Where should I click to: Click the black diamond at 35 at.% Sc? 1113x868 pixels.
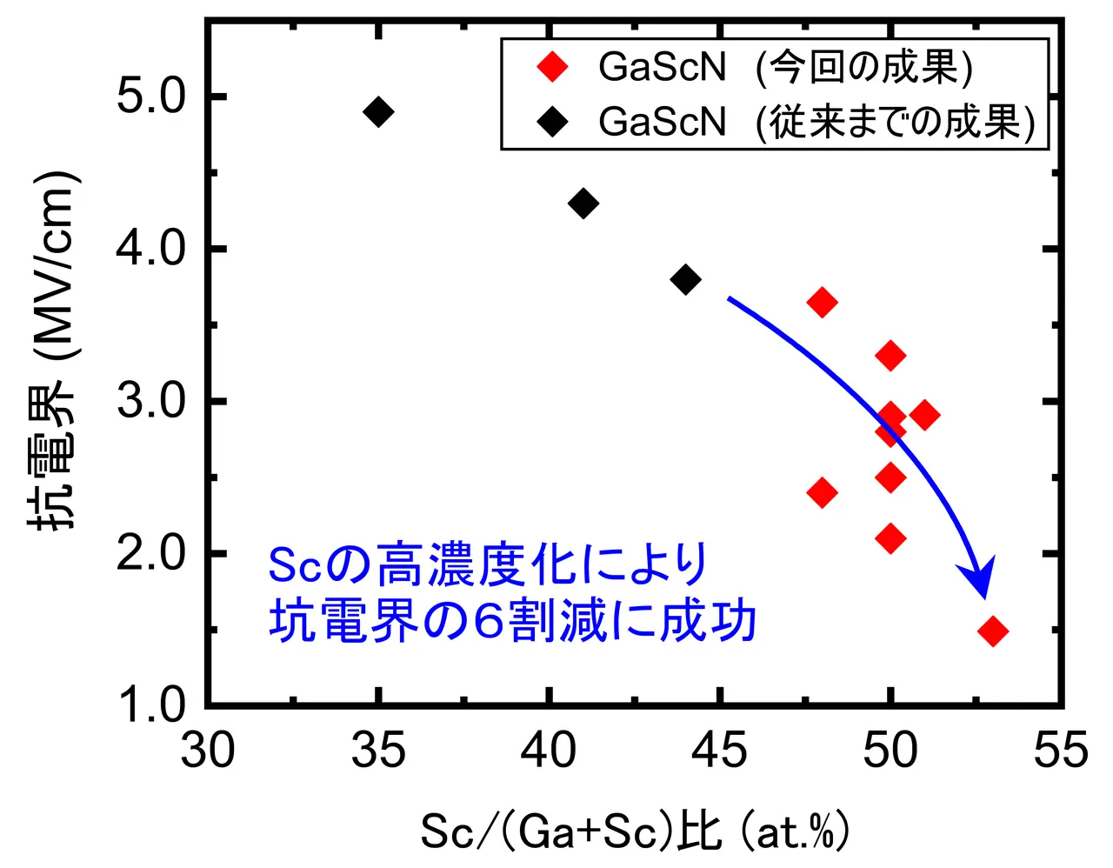(x=378, y=111)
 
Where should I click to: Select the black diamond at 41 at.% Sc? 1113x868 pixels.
(x=583, y=204)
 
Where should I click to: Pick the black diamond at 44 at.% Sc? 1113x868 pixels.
(x=686, y=280)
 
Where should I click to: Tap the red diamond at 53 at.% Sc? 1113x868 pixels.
(x=993, y=631)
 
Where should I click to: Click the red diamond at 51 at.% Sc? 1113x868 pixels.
(x=925, y=415)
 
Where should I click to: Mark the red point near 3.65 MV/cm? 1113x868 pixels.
(x=822, y=303)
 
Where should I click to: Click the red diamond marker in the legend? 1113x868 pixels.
(x=552, y=67)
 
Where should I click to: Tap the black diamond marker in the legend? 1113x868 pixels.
(x=552, y=122)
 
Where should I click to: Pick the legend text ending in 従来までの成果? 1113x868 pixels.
(x=816, y=122)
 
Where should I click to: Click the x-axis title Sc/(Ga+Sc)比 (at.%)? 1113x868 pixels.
(x=635, y=831)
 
